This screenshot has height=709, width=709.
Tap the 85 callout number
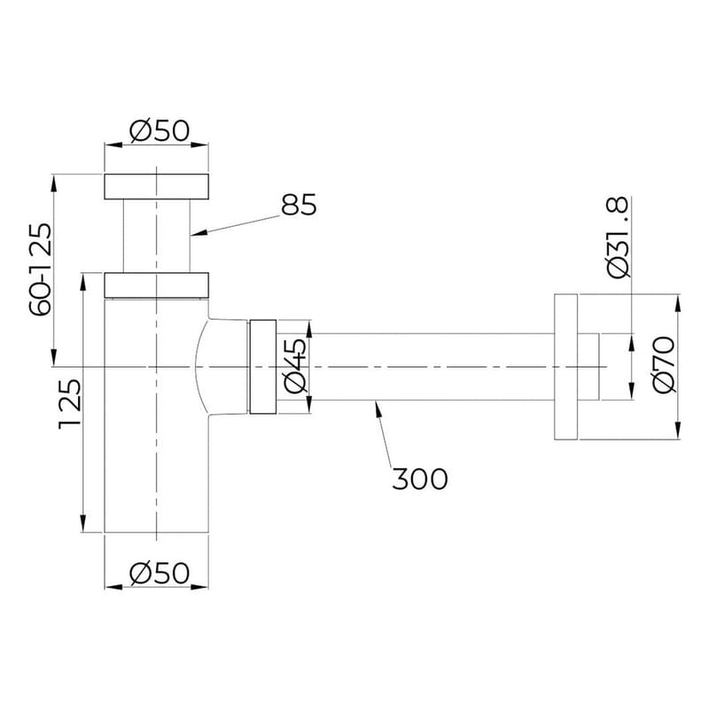tap(299, 205)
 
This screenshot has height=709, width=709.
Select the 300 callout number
tap(419, 479)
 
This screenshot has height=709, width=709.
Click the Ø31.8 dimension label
tap(618, 238)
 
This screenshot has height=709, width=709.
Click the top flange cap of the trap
tap(157, 186)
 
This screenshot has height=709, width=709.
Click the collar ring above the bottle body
tap(157, 284)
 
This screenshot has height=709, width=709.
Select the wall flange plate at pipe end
tap(566, 364)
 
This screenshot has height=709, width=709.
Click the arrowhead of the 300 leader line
tap(378, 406)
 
